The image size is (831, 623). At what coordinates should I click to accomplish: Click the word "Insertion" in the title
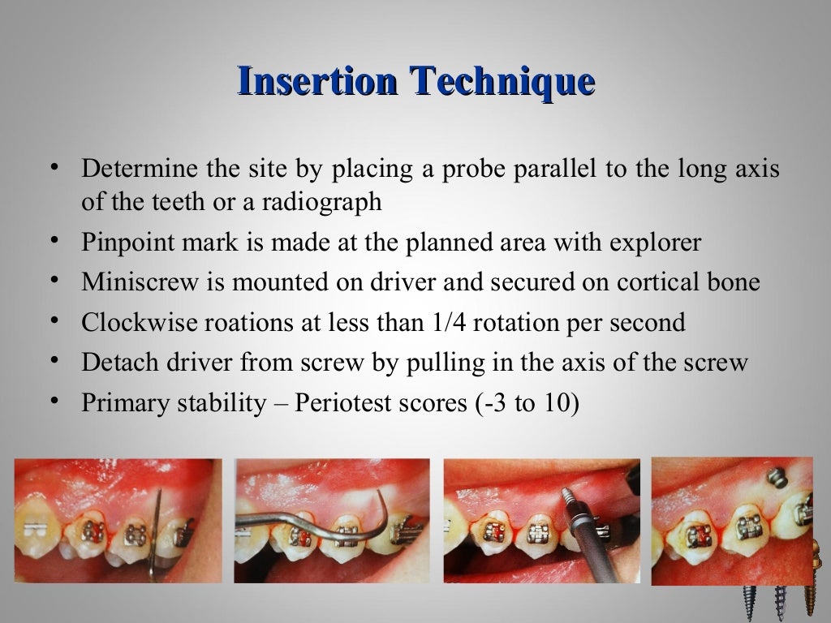pos(316,81)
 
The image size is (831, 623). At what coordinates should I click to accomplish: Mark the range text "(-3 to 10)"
pos(527,402)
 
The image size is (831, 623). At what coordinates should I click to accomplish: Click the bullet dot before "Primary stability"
pos(54,401)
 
